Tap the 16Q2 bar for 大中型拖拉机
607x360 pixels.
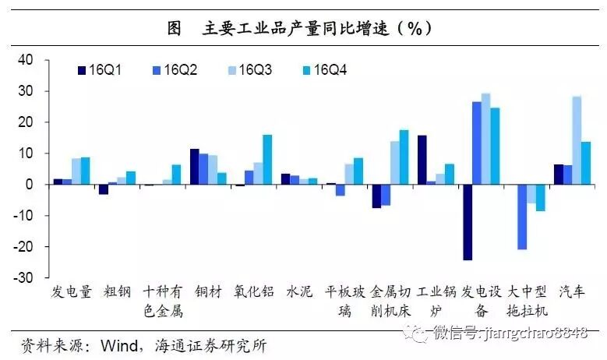522,217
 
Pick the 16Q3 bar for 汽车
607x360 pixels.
577,140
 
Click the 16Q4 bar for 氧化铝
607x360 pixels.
267,160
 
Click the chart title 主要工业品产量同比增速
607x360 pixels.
304,29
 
